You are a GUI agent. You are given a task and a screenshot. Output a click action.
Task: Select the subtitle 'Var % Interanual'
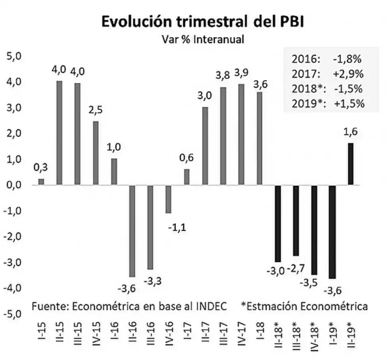click(203, 39)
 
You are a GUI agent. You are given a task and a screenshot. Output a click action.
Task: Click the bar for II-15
click(59, 133)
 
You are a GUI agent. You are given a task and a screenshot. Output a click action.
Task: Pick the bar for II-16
click(132, 231)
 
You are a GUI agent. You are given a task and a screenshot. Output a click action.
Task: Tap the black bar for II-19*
click(351, 164)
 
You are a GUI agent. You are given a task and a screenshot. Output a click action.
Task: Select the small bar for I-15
click(41, 182)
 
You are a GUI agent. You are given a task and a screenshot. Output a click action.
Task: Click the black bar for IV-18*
click(314, 230)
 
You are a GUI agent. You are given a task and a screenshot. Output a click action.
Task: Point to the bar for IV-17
click(241, 135)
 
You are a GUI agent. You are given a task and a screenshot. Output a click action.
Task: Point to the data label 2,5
click(96, 110)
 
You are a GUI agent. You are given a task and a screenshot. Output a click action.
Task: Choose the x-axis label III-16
click(150, 336)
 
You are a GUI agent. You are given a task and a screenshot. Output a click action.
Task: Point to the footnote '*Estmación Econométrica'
click(304, 307)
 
